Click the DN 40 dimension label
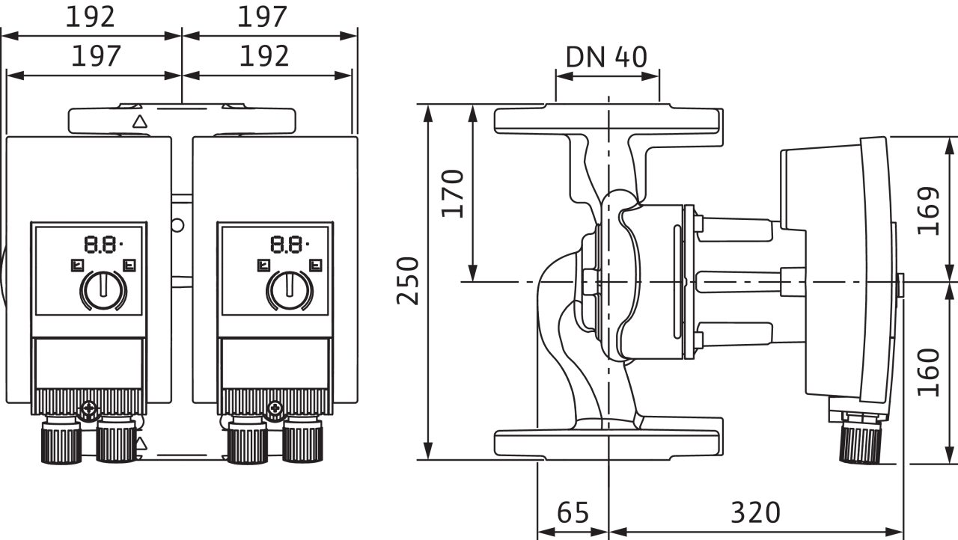pos(606,57)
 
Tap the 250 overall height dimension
pos(408,280)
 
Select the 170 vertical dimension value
pos(453,194)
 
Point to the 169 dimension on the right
pos(929,211)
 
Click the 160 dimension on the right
pos(929,372)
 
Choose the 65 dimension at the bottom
pos(573,512)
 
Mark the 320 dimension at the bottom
pos(756,512)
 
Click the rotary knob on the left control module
pos(103,290)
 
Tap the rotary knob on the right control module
pos(290,290)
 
